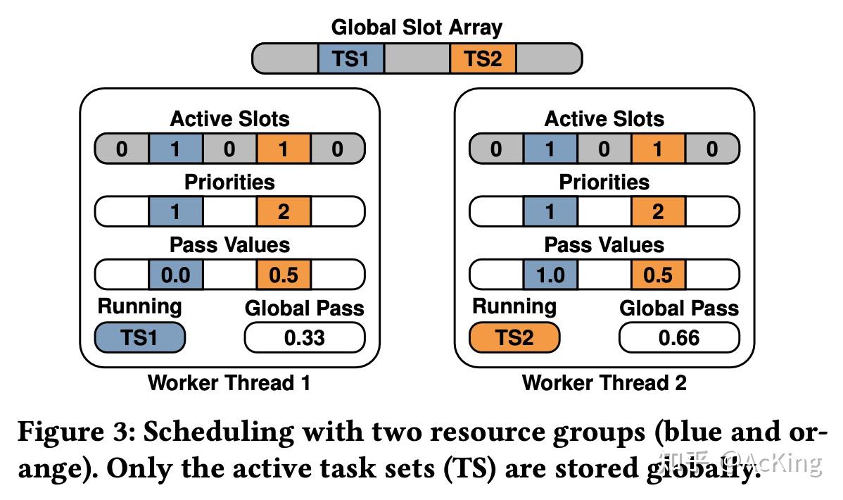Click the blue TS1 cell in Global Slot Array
coord(350,58)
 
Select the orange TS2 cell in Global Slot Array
coord(483,58)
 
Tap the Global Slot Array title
coord(417,27)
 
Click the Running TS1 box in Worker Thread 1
coord(139,338)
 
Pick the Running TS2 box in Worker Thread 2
coord(514,338)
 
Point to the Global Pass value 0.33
coord(305,338)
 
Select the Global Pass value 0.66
coord(679,338)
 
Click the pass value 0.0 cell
coord(176,274)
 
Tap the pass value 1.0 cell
coord(550,274)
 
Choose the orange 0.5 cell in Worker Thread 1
coord(284,274)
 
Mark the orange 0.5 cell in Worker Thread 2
coord(658,274)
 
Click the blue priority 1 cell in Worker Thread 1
coord(176,212)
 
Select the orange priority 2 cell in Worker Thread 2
coord(658,212)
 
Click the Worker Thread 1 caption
coord(229,383)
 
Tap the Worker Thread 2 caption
coord(604,383)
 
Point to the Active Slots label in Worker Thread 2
coord(604,119)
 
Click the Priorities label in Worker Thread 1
coord(229,182)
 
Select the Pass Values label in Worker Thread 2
coord(604,244)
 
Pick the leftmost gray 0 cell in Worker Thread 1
coord(122,149)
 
